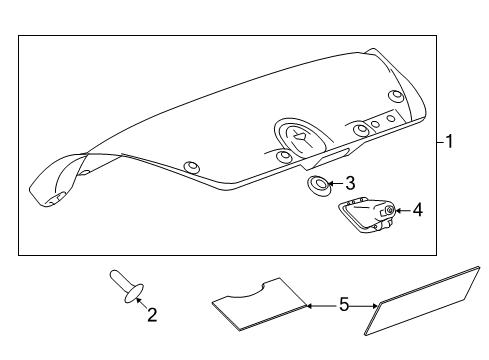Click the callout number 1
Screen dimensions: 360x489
point(449,142)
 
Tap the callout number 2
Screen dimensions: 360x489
point(152,316)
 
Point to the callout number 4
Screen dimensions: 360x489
point(417,210)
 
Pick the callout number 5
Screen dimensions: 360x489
point(343,304)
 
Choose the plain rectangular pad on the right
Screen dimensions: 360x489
point(425,301)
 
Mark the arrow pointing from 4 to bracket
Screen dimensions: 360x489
point(402,210)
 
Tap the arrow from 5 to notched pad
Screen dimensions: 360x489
point(318,304)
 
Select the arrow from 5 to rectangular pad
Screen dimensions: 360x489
point(366,304)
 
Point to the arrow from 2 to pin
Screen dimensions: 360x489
point(140,304)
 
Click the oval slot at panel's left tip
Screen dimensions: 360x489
point(52,197)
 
